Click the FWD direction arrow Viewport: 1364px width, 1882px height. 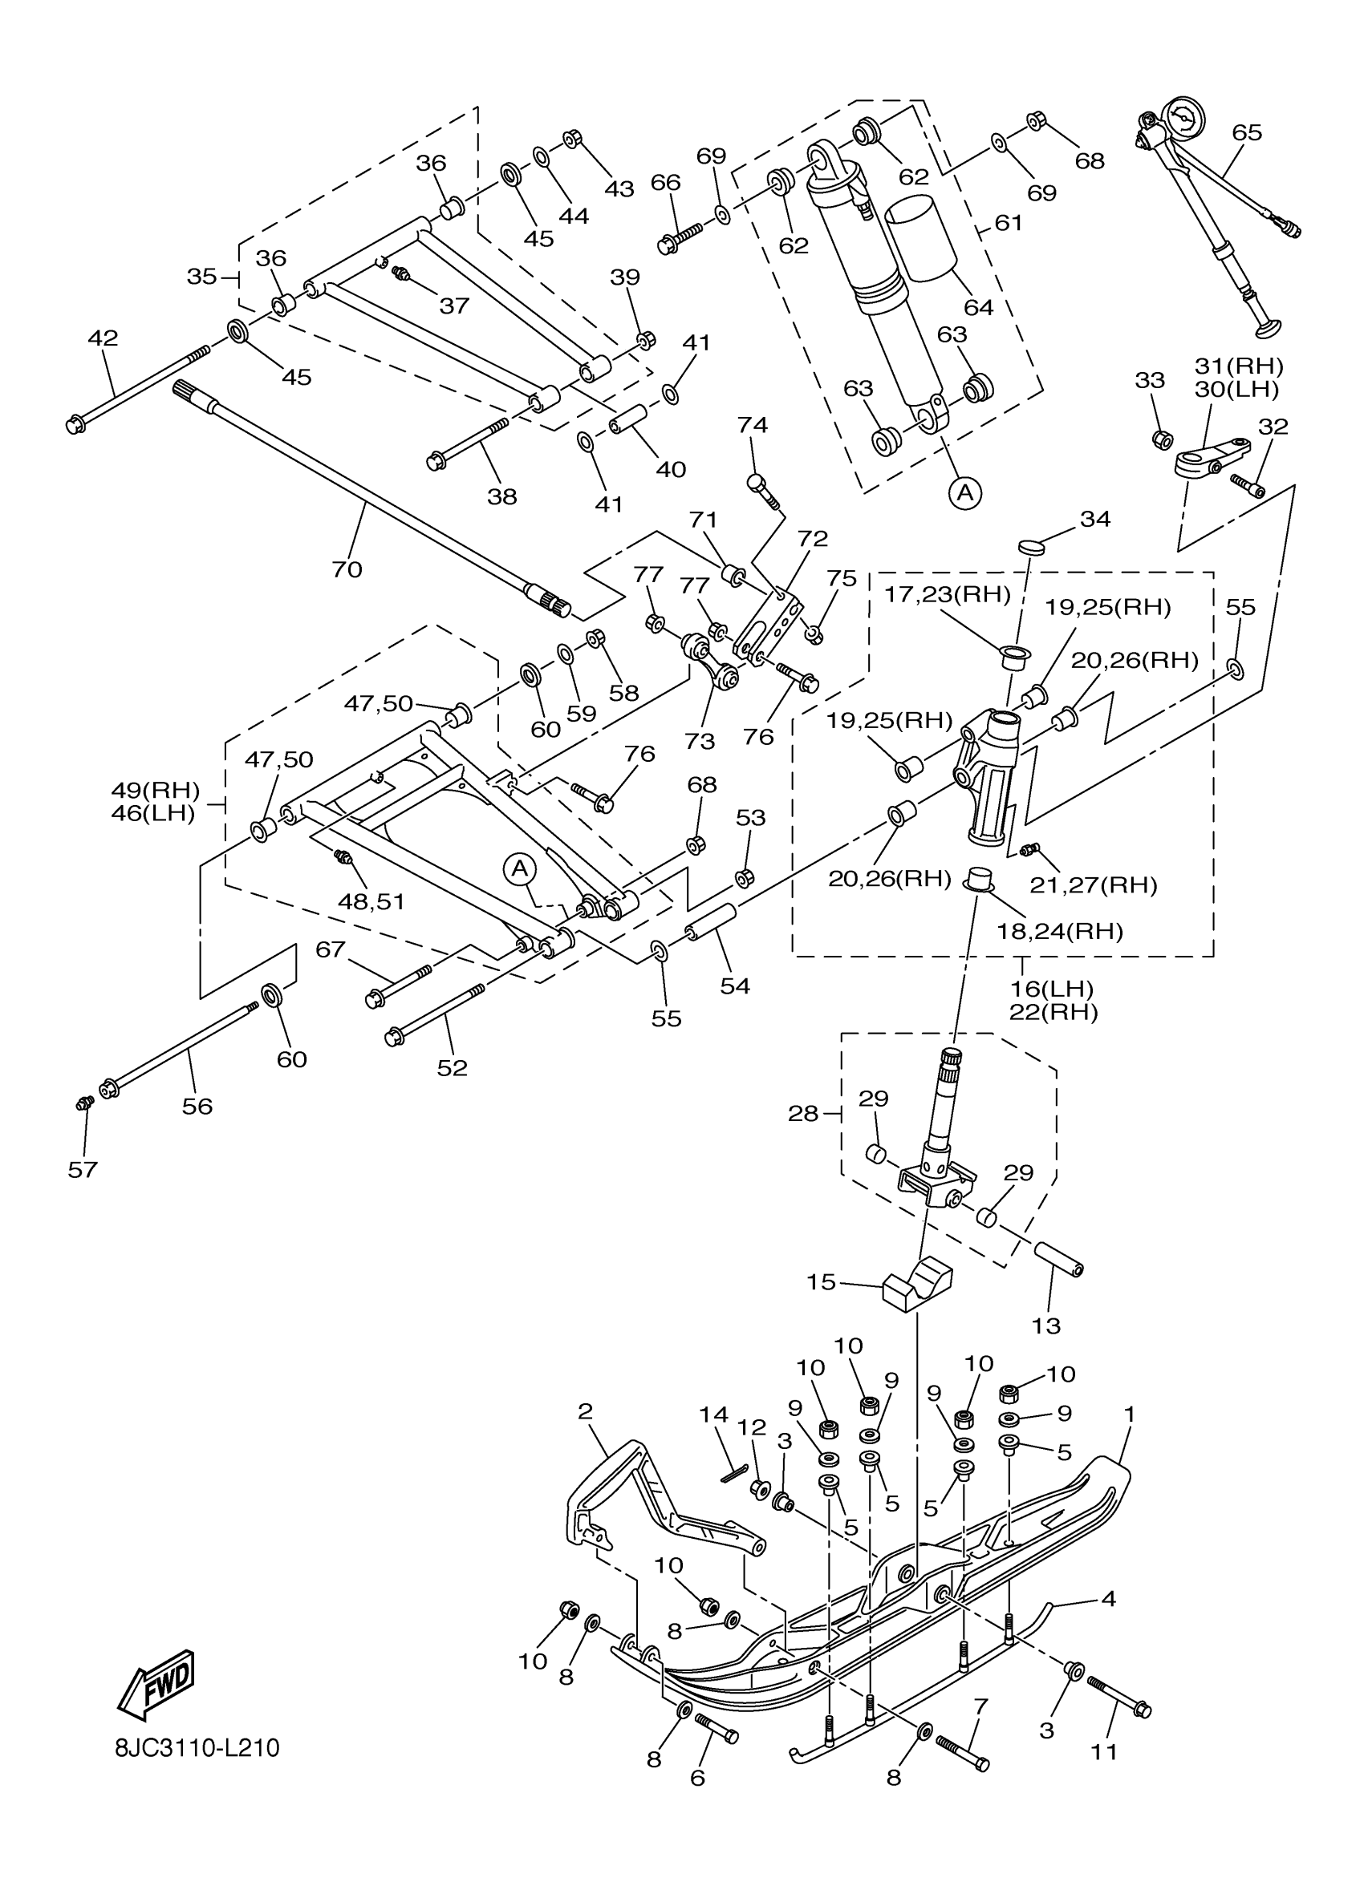[157, 1684]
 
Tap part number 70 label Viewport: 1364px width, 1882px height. [347, 569]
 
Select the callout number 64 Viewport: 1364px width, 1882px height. [979, 307]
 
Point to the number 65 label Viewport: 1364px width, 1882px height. [1246, 133]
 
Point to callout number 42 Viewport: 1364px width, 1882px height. [103, 338]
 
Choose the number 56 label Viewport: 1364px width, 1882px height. [197, 1106]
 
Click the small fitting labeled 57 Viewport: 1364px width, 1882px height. [82, 1103]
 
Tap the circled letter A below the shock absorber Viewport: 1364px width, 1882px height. [964, 493]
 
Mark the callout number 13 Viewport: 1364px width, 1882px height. [1046, 1326]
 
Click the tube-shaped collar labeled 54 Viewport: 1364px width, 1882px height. [712, 922]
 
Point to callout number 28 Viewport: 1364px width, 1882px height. [803, 1114]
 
